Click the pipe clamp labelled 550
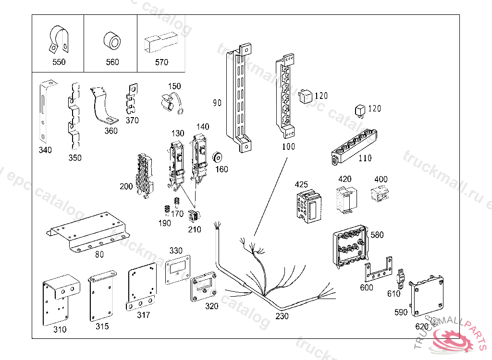point(57,39)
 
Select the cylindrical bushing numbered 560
point(111,41)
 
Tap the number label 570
point(161,62)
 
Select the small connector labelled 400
point(379,194)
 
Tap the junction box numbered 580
point(349,246)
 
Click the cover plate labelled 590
point(427,292)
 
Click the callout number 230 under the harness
point(282,316)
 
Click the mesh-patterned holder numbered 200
point(143,176)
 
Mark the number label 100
point(288,147)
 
